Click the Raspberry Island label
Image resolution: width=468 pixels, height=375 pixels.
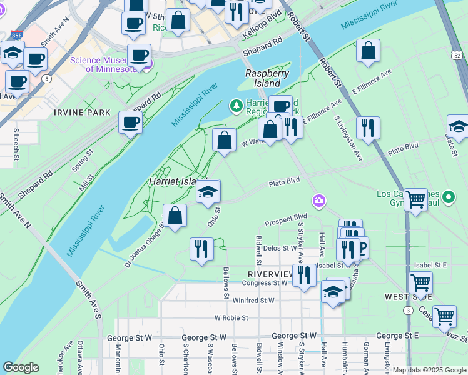(x=267, y=78)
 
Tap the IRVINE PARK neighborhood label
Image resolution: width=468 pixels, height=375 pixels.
(x=82, y=112)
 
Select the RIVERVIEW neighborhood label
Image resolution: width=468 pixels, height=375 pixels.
(x=270, y=274)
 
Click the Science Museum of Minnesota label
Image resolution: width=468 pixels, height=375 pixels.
(x=103, y=64)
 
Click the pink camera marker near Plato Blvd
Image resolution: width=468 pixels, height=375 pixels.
(x=320, y=201)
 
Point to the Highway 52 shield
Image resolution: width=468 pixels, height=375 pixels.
(x=457, y=56)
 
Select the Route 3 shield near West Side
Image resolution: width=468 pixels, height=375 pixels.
(x=408, y=310)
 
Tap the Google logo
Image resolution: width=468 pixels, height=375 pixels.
(x=21, y=367)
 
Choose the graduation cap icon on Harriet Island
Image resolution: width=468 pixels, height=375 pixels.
(x=208, y=192)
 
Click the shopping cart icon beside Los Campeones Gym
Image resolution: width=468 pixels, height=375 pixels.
(x=415, y=200)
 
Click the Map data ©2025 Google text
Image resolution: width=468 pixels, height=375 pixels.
(x=429, y=370)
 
